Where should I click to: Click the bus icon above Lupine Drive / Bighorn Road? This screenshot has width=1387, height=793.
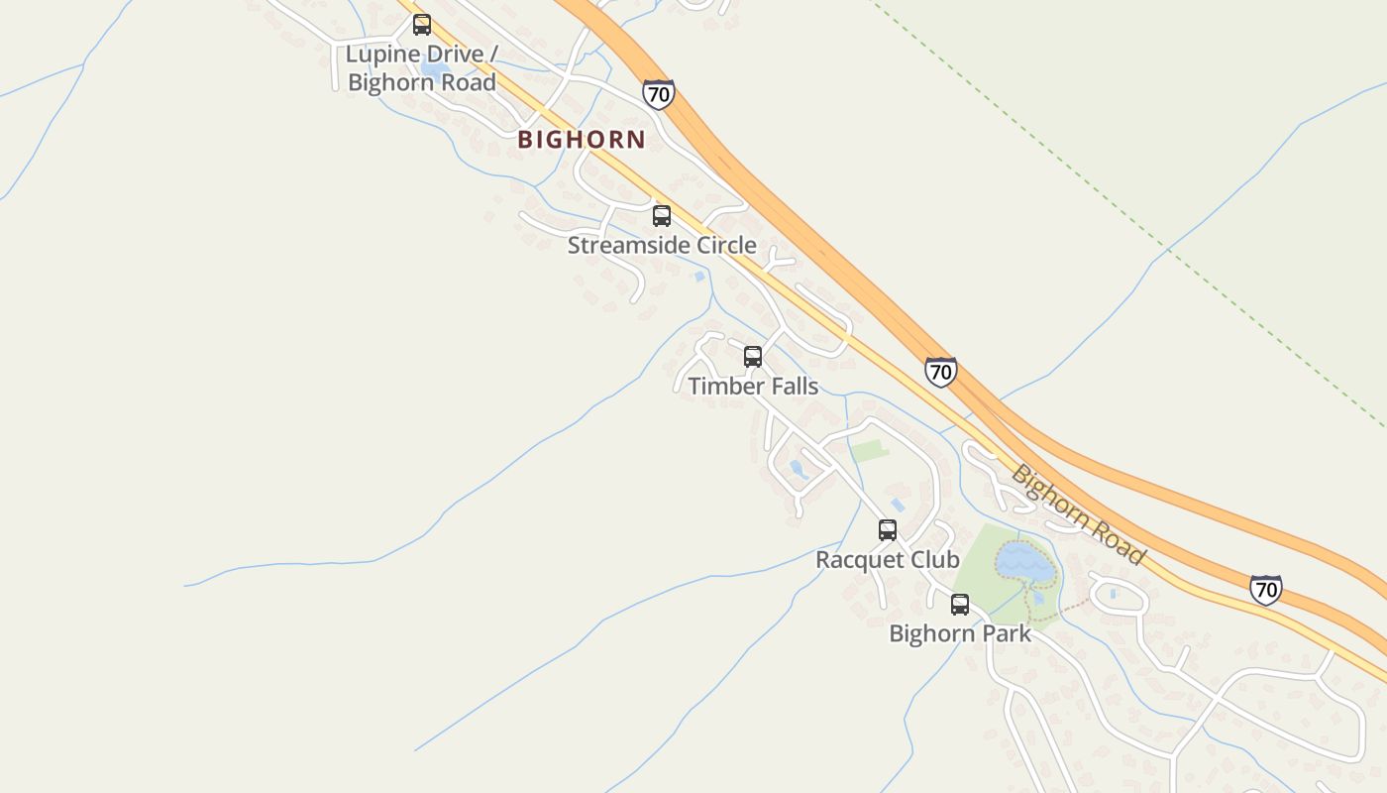pos(422,25)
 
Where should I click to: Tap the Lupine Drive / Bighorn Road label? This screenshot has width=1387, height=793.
pos(421,67)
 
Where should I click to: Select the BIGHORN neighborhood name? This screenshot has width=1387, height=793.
pos(582,140)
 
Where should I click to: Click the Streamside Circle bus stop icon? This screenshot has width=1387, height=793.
pos(662,216)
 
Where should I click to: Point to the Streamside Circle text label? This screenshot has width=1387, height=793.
pos(662,245)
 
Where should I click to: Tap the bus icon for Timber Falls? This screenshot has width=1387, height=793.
pos(753,357)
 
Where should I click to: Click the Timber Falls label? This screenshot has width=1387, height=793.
pos(753,386)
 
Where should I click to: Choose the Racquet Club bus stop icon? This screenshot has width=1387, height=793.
pos(888,530)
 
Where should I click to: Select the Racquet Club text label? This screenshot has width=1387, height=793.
pos(888,560)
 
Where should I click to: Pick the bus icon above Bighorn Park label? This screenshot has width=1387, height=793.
pos(960,604)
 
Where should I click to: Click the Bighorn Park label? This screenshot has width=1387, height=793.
pos(960,633)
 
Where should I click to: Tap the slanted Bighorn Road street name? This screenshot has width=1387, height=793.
pos(1078,514)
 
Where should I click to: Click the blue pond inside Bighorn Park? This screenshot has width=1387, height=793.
pos(1025,562)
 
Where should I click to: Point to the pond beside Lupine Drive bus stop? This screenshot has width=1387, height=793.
pos(432,70)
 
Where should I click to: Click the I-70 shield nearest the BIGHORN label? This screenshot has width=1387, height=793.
pos(658,94)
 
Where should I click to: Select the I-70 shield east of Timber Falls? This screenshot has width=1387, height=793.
pos(941,372)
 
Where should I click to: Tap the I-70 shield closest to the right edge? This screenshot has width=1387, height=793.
pos(1265,590)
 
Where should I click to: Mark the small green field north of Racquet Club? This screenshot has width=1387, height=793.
pos(870,451)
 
